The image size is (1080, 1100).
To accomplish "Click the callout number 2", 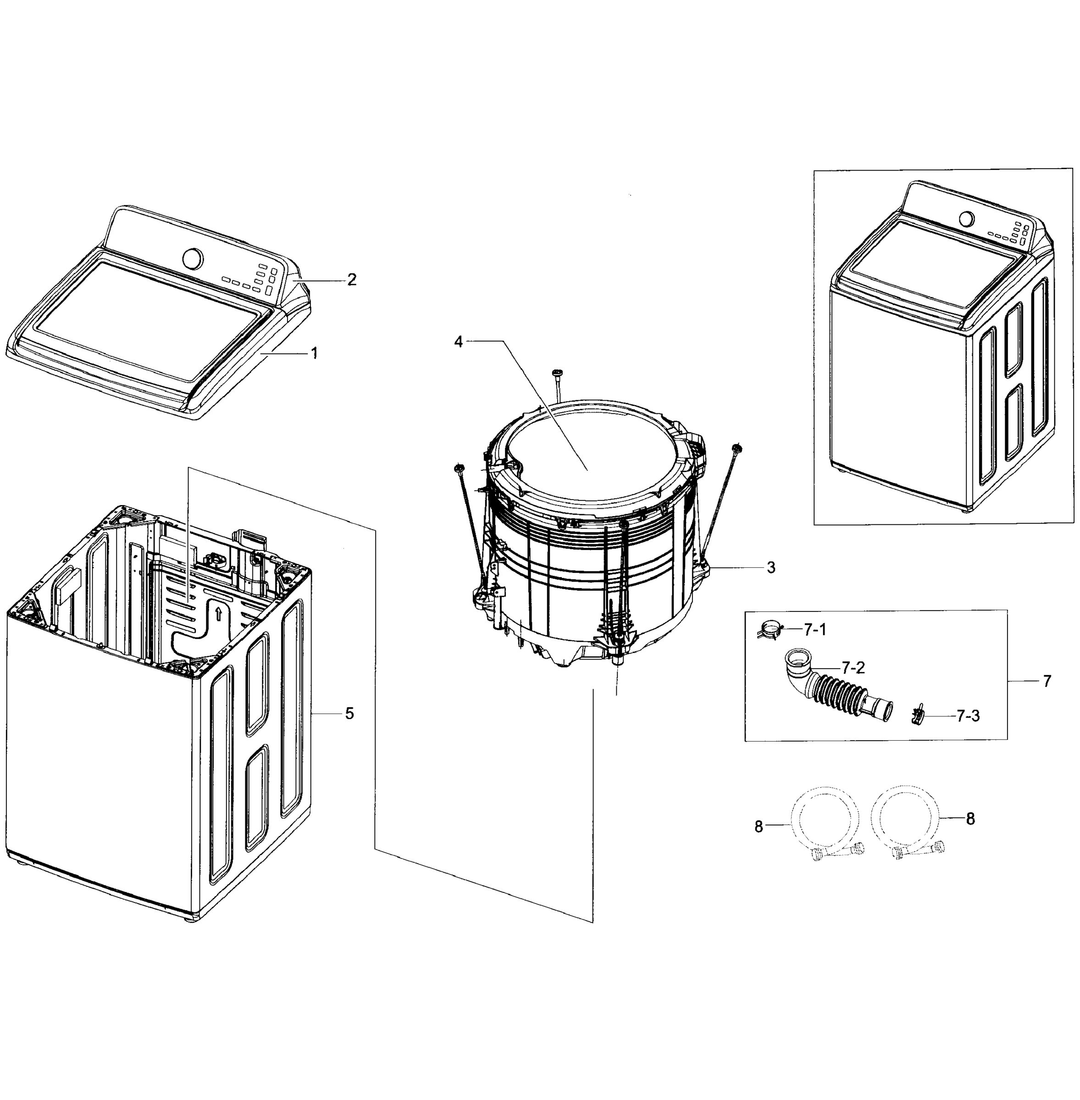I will (x=352, y=280).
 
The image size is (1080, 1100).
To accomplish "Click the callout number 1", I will (x=314, y=353).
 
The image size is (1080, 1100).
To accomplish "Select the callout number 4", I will (x=458, y=342).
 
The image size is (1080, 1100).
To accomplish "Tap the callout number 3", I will (x=771, y=567).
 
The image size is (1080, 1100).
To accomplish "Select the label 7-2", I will (x=853, y=668).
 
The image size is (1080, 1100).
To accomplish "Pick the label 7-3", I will (x=968, y=716).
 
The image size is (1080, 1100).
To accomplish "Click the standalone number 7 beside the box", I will (x=1047, y=681).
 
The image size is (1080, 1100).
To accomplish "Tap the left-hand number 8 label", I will (x=759, y=827).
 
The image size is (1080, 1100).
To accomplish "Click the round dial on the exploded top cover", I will (x=192, y=258).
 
